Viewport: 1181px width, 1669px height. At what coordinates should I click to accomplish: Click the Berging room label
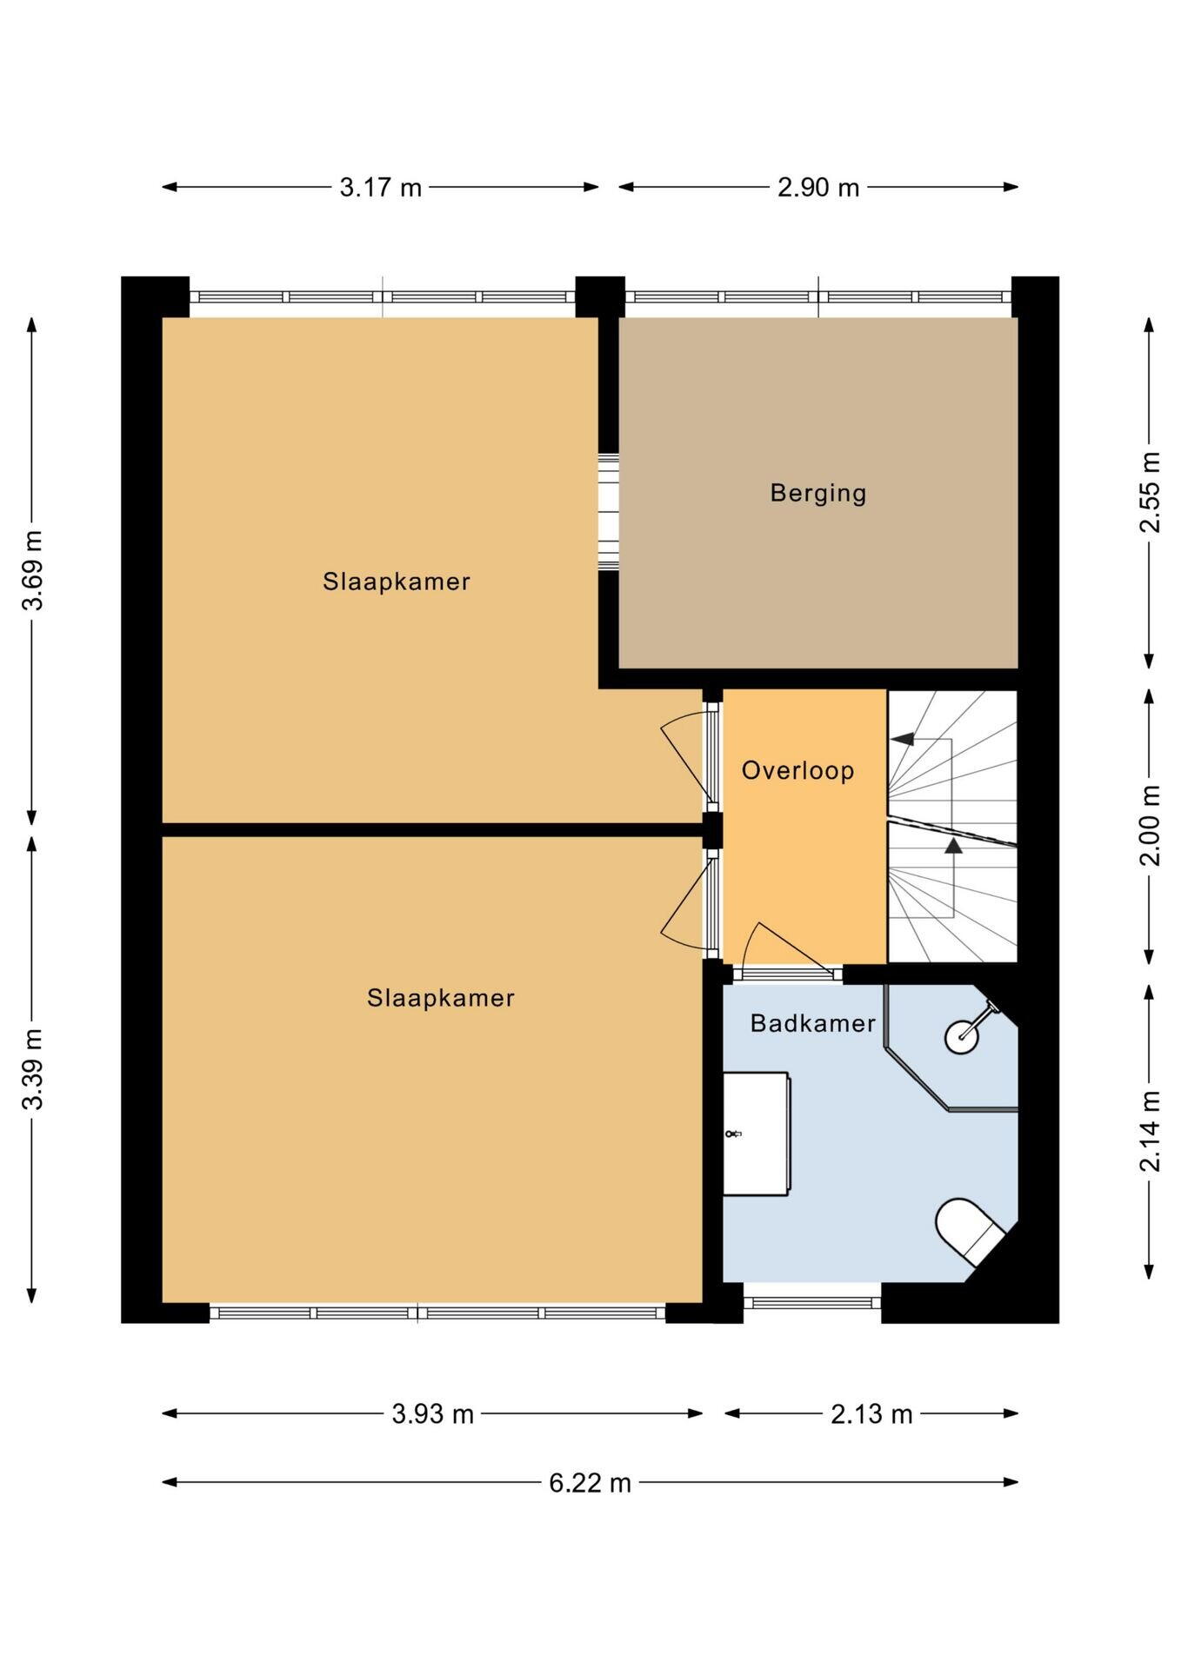pos(818,494)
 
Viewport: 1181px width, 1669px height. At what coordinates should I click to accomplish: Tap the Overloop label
pos(797,770)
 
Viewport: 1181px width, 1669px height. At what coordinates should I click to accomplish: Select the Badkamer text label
pos(812,1023)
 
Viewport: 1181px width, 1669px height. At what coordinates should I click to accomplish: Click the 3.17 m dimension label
pos(380,187)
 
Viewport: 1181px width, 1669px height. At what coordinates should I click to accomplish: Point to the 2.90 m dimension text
pos(818,187)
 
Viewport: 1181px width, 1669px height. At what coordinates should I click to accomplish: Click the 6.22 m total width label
pos(590,1482)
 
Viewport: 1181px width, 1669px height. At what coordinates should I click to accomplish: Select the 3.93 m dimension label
pos(432,1414)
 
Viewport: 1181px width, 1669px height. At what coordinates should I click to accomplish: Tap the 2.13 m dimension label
pos(871,1414)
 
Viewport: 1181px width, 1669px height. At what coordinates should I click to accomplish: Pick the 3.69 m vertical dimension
pos(33,570)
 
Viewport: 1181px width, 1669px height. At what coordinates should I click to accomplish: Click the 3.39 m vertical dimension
pos(33,1070)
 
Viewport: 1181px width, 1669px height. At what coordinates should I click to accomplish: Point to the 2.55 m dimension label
pos(1150,492)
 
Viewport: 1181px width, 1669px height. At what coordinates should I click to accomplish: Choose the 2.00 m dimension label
pos(1150,826)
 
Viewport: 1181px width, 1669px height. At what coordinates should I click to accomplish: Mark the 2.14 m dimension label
pos(1150,1132)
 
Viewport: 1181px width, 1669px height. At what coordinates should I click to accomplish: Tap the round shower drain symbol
pos(962,1036)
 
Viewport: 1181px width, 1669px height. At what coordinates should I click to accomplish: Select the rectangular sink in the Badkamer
pos(757,1134)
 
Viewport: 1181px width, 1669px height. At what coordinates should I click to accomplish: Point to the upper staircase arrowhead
pos(903,739)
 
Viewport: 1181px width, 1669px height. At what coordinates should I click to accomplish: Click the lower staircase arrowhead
pos(954,845)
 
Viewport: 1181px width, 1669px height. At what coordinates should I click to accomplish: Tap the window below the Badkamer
pos(812,1302)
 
